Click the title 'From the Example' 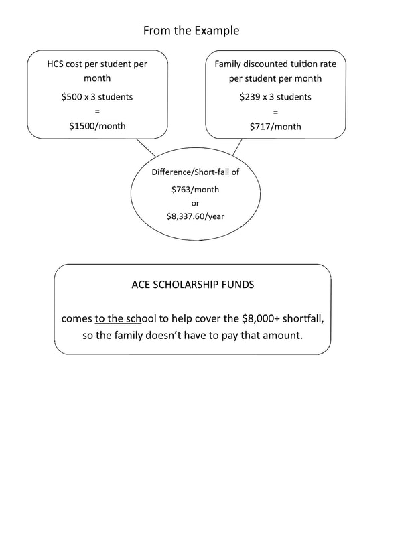tap(191, 31)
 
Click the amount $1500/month tap(97, 125)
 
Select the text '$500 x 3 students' tap(97, 96)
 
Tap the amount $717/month tap(275, 126)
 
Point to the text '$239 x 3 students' tap(275, 96)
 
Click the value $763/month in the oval tap(195, 189)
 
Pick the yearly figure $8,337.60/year tap(195, 216)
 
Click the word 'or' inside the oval tap(195, 203)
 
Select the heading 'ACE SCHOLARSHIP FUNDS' tap(193, 285)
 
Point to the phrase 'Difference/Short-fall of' tap(195, 172)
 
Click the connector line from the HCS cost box tap(146, 147)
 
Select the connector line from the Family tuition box tap(237, 147)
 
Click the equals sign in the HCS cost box tap(97, 111)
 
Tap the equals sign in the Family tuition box tap(275, 111)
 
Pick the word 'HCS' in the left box tap(57, 64)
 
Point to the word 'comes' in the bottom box tap(76, 318)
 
